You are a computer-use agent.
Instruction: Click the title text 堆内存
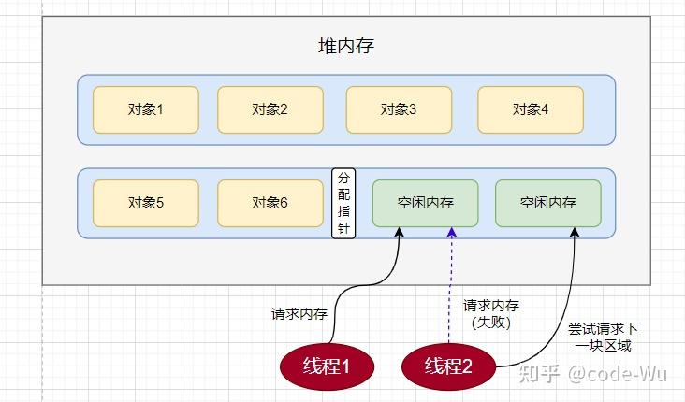[x=346, y=46]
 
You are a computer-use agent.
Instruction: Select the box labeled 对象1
[x=145, y=109]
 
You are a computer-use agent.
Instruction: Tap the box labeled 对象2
[x=270, y=109]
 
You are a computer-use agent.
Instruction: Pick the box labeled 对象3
[x=399, y=109]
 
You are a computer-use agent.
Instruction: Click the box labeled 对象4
[x=531, y=109]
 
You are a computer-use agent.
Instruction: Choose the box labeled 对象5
[x=145, y=203]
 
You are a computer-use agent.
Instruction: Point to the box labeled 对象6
[x=270, y=203]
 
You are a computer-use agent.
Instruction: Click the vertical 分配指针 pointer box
[x=343, y=203]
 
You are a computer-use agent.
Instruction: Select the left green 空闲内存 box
[x=425, y=203]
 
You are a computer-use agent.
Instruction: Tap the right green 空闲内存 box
[x=547, y=203]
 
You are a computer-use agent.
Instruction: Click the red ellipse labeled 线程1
[x=326, y=366]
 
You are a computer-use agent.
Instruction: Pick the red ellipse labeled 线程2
[x=449, y=366]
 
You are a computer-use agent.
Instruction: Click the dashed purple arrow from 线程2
[x=451, y=280]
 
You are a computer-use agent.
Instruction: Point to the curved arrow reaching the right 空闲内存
[x=560, y=309]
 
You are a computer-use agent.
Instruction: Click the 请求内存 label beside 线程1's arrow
[x=299, y=314]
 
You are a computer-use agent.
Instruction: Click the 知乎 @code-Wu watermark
[x=599, y=375]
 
